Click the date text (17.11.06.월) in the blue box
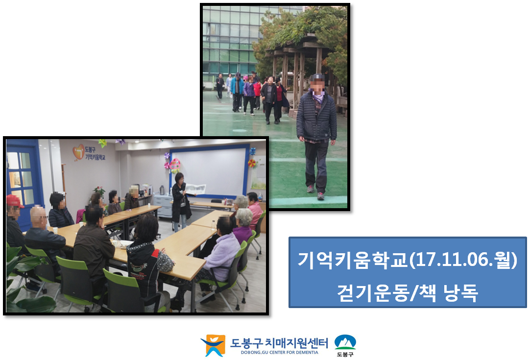463,260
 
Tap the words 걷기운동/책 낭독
408,293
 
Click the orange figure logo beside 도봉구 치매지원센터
213,345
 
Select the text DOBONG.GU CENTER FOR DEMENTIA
280,352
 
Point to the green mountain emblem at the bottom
345,342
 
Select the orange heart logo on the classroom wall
78,152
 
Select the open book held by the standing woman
196,189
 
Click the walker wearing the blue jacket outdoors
237,91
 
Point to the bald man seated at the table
44,237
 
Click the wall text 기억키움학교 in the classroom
95,157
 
